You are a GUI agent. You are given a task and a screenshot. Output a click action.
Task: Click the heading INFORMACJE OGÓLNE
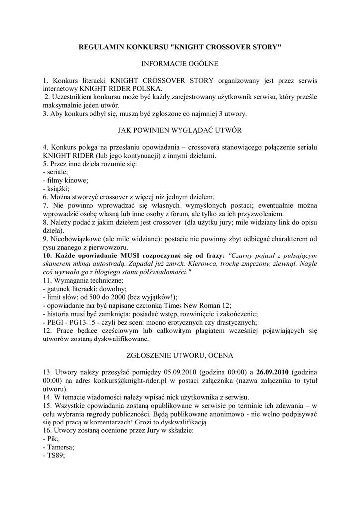pos(180,64)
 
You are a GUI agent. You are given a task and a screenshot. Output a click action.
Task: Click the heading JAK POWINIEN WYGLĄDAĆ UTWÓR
pos(180,131)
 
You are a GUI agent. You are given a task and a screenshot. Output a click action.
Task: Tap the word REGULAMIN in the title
pos(101,47)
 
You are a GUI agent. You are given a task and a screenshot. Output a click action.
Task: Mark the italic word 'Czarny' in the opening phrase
pos(241,255)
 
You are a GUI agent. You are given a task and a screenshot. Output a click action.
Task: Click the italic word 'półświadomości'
pos(161,272)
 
